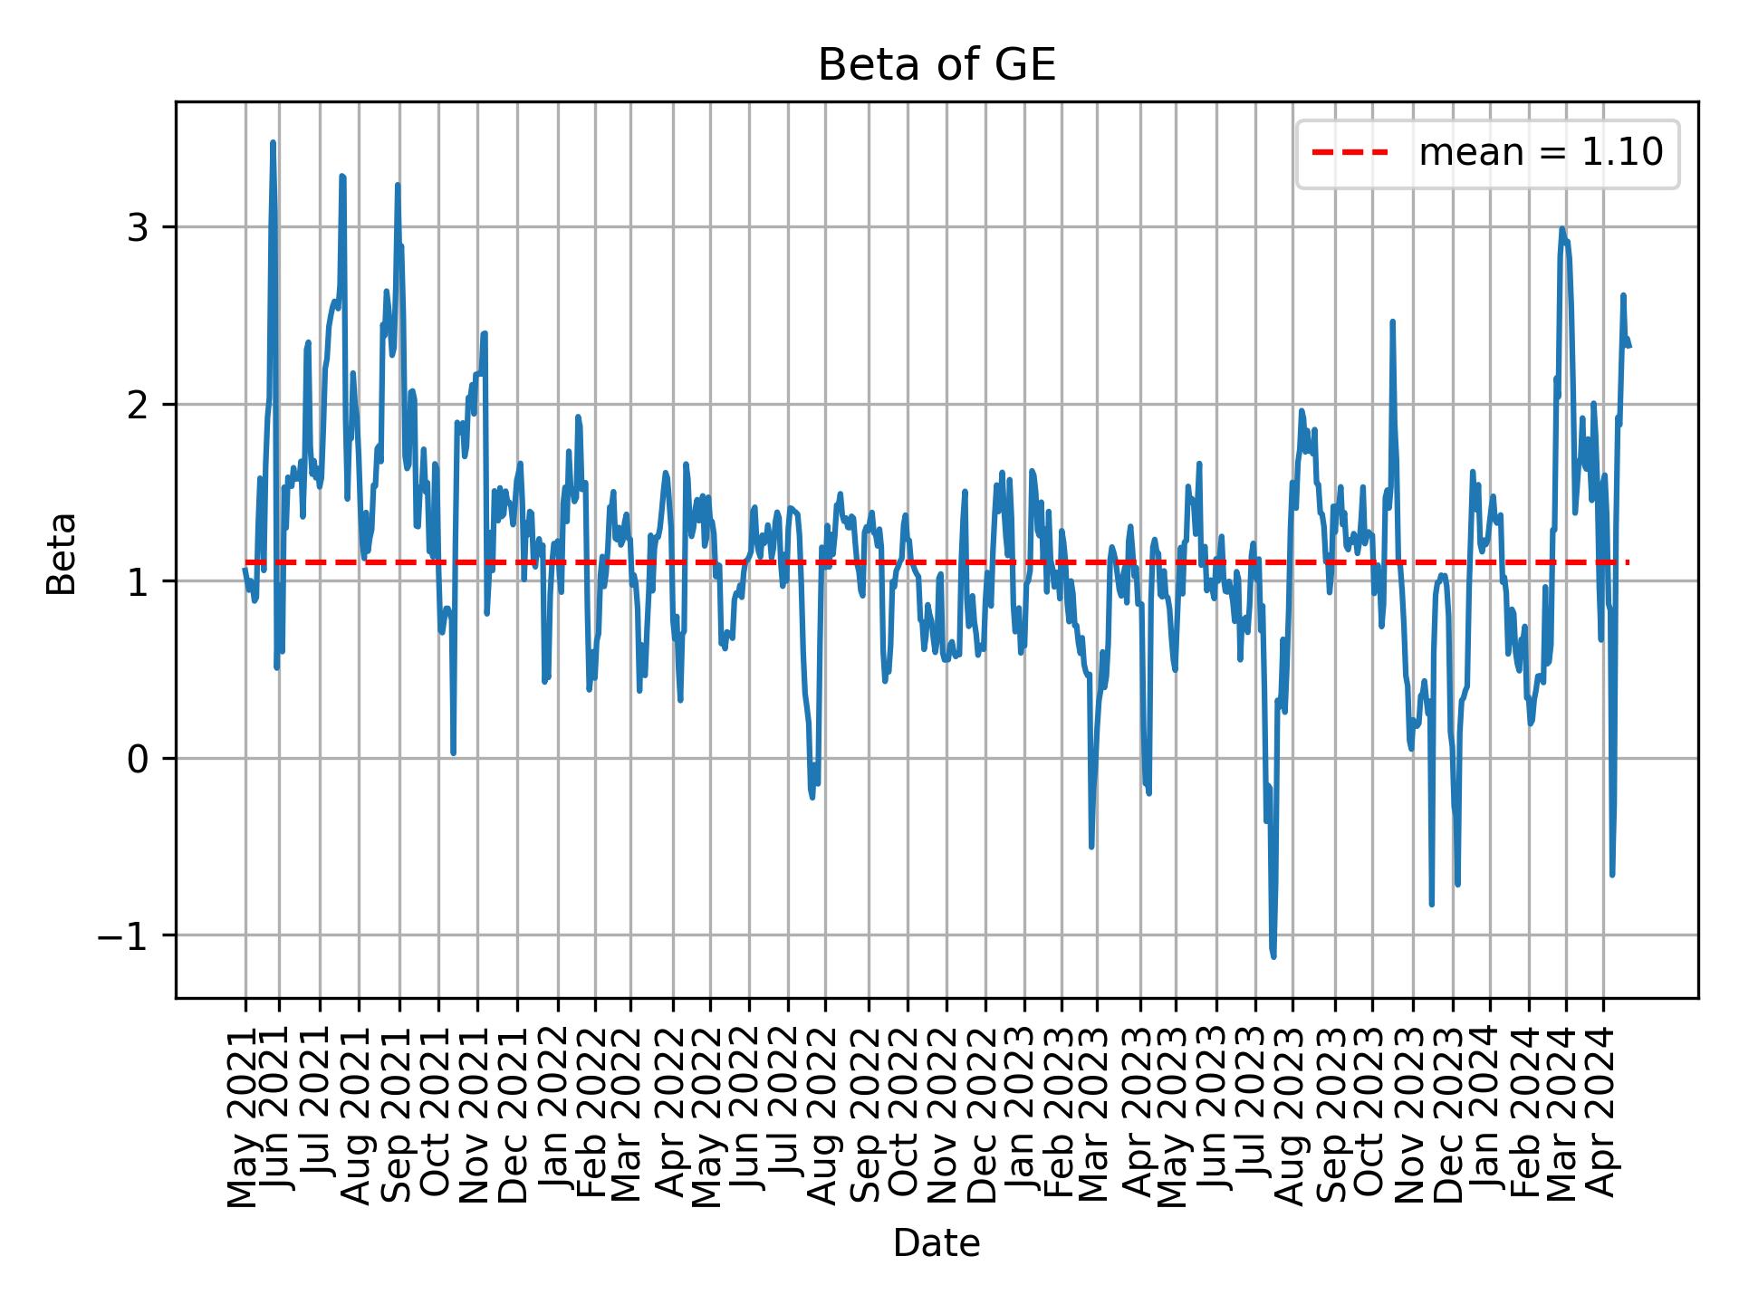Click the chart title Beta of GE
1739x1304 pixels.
point(937,66)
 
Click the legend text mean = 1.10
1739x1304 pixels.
point(1540,153)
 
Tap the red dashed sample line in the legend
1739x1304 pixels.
point(1350,153)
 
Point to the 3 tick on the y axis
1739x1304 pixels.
point(137,227)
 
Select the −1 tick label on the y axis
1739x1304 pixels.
point(122,935)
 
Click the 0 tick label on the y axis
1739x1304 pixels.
point(137,759)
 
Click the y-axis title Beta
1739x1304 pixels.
point(62,553)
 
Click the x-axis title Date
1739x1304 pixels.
point(937,1244)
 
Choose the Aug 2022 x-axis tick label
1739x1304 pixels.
point(825,1116)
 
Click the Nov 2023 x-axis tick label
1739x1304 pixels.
point(1411,1116)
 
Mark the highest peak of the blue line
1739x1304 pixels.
point(273,142)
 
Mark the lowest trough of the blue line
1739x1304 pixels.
point(1273,956)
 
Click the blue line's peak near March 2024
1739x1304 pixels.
point(1562,229)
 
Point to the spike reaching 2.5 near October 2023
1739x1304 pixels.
point(1392,321)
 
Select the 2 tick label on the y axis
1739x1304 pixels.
point(137,404)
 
